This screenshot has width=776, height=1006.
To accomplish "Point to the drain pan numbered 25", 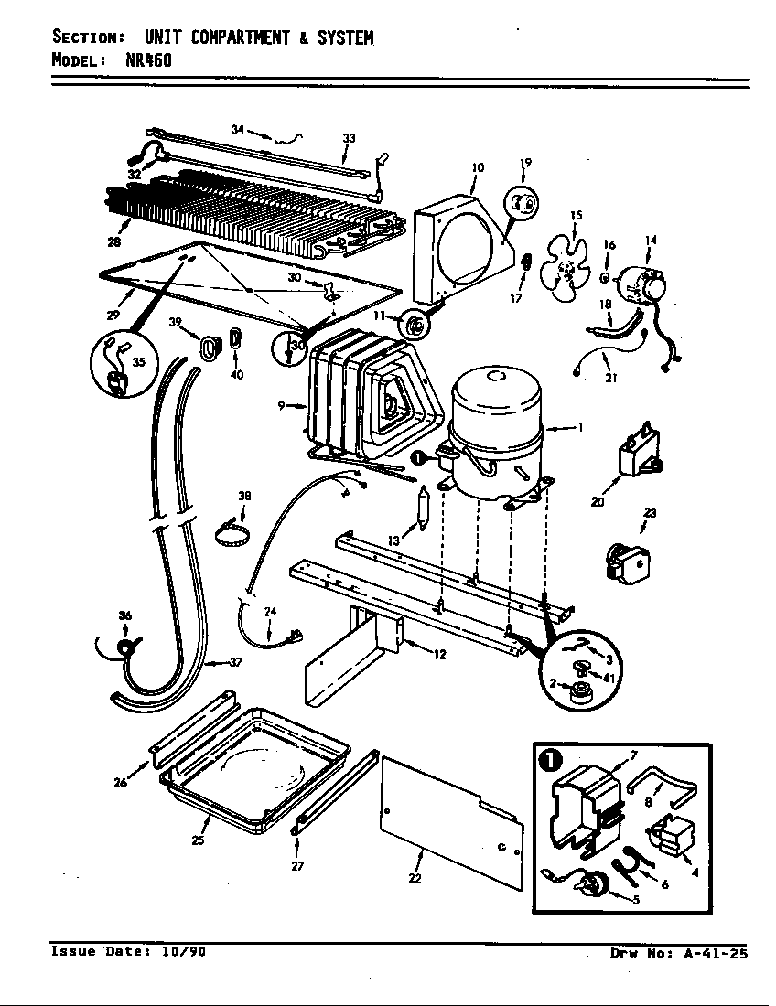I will click(x=256, y=759).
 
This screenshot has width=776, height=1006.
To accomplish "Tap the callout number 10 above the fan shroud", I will click(x=478, y=167).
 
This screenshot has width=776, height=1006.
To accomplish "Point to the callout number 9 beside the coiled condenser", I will click(x=283, y=405).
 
